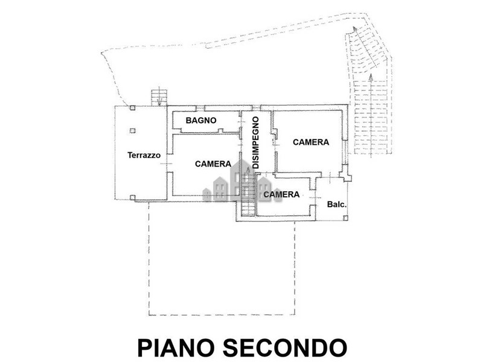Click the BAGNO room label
coord(201,121)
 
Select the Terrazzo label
coord(144,155)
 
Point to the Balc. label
coord(336,205)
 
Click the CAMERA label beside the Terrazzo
coord(213,164)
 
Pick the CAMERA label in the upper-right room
coord(311,142)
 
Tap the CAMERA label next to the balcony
coord(282,194)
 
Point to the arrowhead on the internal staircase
coord(247,173)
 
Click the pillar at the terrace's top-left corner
coord(132,107)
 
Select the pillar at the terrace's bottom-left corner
coord(132,195)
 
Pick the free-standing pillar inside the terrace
coord(132,129)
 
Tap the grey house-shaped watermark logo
coord(235,181)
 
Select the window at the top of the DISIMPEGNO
coord(255,107)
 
